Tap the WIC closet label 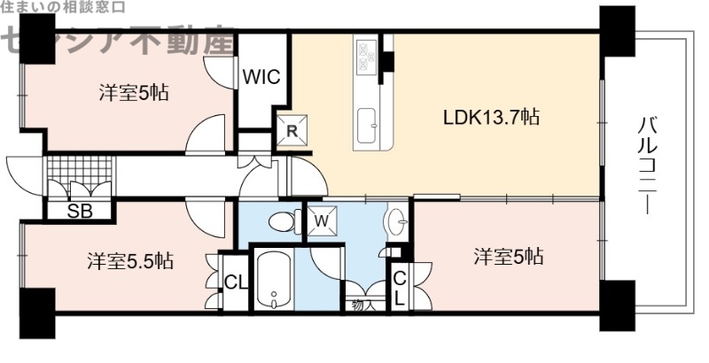262,77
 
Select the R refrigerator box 292,131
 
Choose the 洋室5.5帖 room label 129,261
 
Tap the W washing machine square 321,218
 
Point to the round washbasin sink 397,219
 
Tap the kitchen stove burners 367,57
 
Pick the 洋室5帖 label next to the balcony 508,258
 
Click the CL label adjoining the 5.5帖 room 235,283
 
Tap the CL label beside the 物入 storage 399,288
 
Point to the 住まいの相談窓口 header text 62,7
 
